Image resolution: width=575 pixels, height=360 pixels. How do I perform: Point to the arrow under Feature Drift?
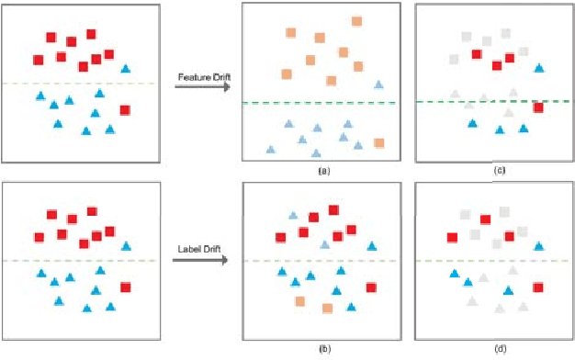coord(200,88)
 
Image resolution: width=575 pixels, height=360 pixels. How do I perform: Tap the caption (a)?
coord(322,171)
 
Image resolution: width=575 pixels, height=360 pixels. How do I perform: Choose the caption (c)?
coord(499,171)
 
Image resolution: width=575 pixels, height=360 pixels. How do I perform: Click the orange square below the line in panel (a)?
coord(378,142)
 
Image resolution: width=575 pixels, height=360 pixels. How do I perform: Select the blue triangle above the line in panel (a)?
coord(378,84)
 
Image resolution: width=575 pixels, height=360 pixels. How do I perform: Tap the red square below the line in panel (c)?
coord(538,108)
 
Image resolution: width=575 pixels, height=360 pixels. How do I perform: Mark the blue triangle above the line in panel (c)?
coord(538,68)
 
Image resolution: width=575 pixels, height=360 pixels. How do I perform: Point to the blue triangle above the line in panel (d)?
coord(539,245)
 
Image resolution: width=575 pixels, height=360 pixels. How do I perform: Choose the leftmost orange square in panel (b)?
coord(299,301)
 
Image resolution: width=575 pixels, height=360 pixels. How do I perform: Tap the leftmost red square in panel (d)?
coord(452,238)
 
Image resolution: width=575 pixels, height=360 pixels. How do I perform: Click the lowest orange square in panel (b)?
coord(327,309)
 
